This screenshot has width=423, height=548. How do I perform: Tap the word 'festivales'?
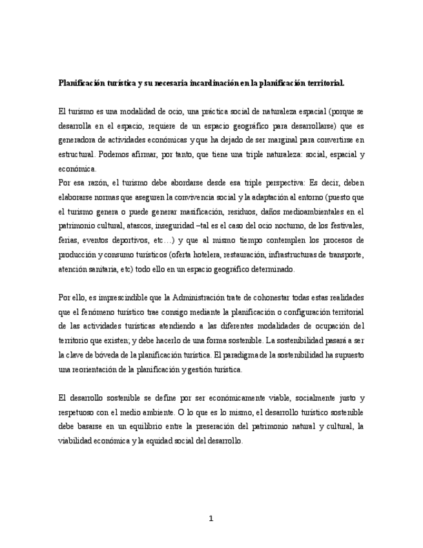click(x=344, y=226)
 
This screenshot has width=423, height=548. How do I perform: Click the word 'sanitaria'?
click(x=97, y=269)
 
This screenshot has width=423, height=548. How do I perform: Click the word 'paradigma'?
click(x=244, y=355)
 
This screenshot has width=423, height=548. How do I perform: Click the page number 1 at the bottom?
click(x=211, y=518)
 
